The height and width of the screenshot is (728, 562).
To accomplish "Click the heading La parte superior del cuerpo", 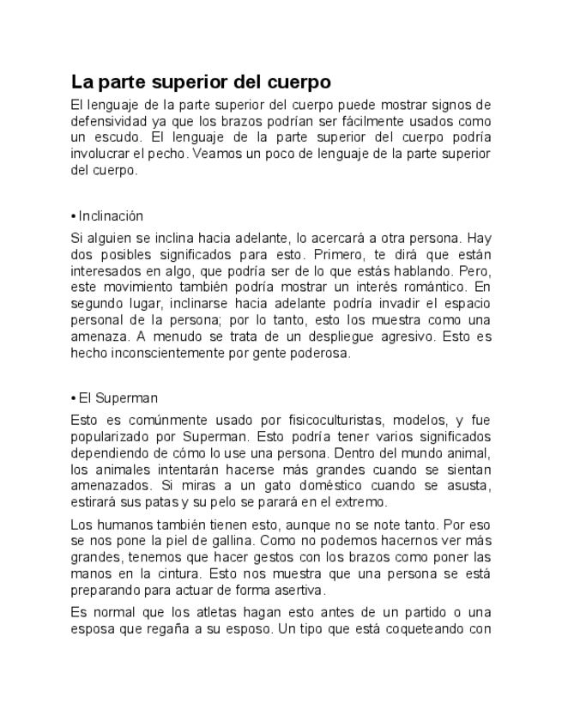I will pyautogui.click(x=201, y=83).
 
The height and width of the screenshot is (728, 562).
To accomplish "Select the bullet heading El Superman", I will pyautogui.click(x=117, y=398).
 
